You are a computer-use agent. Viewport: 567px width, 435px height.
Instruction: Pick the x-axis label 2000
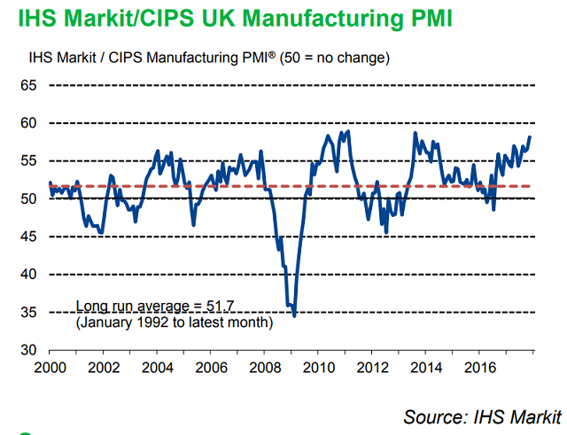click(x=50, y=366)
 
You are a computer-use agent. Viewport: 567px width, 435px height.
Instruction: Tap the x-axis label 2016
click(x=478, y=366)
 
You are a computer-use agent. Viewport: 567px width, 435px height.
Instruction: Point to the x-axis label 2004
click(x=157, y=366)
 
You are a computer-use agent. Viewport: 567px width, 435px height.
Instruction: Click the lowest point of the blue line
click(x=294, y=315)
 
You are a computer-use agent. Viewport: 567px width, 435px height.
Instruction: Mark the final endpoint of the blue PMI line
click(x=530, y=137)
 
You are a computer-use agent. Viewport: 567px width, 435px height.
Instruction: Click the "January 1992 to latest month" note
click(x=175, y=322)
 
